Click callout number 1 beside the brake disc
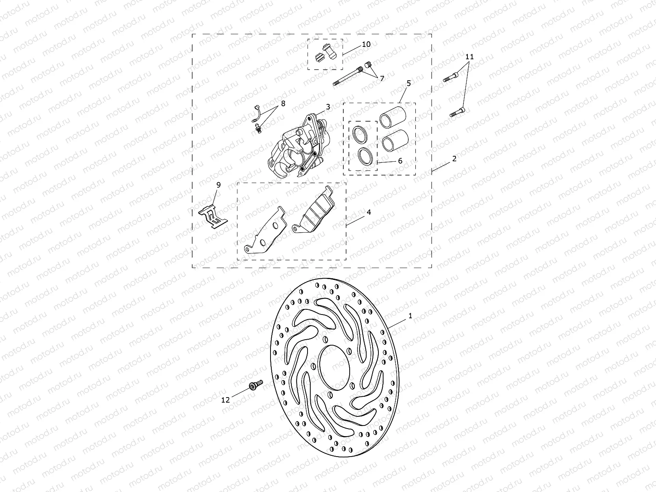410,316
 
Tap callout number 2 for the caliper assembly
454,159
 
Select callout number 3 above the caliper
328,107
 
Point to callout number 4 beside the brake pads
369,212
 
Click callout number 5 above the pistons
409,83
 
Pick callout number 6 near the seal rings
400,161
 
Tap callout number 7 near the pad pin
382,78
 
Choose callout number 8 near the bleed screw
283,104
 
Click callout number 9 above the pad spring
219,185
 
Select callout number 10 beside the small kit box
366,44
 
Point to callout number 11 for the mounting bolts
469,57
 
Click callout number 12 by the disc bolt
225,400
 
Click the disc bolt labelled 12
256,385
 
